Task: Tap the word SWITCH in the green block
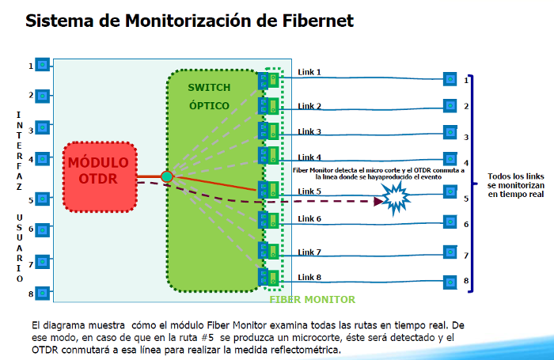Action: point(209,86)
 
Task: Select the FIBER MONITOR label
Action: point(313,300)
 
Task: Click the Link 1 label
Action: point(309,72)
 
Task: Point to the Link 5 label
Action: point(309,191)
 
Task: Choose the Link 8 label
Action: point(309,277)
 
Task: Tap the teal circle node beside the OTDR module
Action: point(167,176)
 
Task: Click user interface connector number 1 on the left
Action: point(43,65)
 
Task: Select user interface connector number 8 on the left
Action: point(43,293)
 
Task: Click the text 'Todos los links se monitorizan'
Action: point(515,181)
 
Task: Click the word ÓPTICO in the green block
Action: point(209,104)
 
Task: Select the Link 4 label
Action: point(309,157)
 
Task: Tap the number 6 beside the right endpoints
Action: point(467,225)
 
